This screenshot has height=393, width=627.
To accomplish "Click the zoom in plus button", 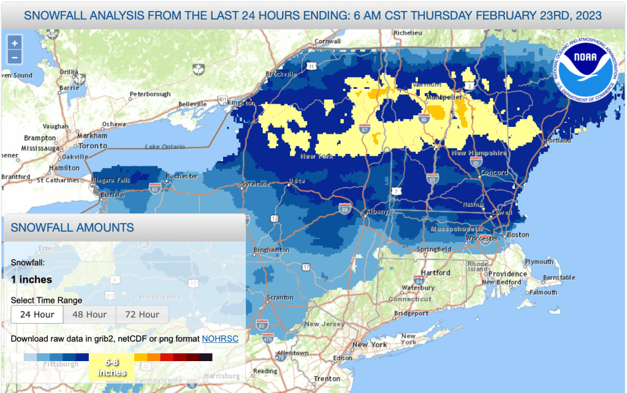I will [x=15, y=43].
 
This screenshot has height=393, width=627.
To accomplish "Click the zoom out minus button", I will [x=15, y=58].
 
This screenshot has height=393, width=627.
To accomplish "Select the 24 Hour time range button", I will [x=37, y=315].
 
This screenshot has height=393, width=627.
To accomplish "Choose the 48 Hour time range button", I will [x=89, y=315].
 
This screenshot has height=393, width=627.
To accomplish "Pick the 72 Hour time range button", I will [x=142, y=315].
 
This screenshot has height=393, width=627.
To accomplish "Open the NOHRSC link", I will [x=220, y=338].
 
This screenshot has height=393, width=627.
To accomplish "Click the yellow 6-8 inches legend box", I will [x=112, y=367].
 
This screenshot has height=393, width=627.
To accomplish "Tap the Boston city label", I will [x=517, y=235].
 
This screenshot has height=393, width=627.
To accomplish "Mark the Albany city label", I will [x=378, y=212].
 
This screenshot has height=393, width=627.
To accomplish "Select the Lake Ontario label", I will [x=164, y=147].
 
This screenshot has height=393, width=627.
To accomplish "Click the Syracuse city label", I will [x=255, y=183].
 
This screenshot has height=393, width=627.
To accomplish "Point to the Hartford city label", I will [x=436, y=273].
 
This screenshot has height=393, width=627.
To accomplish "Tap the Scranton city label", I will [x=280, y=298].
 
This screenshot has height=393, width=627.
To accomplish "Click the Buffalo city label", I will [x=112, y=194].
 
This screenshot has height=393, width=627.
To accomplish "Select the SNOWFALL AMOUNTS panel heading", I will [x=72, y=227].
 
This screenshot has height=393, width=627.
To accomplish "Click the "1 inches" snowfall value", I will [x=31, y=280].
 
